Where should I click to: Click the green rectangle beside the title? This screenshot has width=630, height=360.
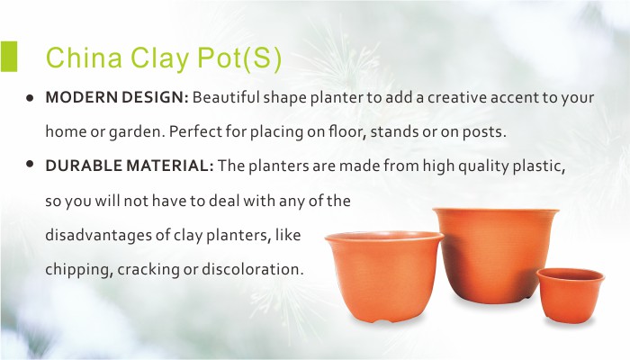[x=8, y=56]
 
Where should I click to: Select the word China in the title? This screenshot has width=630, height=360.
[x=84, y=57]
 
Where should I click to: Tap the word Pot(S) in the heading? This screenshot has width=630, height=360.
[x=239, y=58]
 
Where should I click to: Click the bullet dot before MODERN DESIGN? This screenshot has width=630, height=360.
[x=30, y=97]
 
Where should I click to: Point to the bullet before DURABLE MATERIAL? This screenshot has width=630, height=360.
[x=30, y=164]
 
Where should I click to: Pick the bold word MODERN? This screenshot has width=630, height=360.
[x=81, y=97]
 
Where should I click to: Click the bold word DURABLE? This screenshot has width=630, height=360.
[x=84, y=166]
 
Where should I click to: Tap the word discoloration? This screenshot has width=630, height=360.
[x=252, y=269]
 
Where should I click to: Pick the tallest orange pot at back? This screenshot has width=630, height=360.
[x=495, y=255]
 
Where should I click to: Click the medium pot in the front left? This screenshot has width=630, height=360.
[x=384, y=276]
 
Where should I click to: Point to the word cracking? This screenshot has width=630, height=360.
[x=148, y=269]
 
